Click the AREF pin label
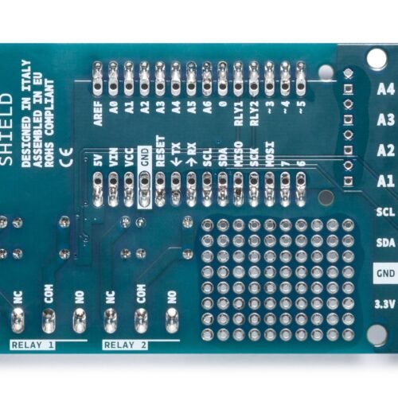point(98,114)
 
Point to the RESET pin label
point(160,151)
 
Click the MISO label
point(238,154)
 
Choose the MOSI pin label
point(270,154)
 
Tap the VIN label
point(114,158)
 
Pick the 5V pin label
point(98,160)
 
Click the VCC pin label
point(129,158)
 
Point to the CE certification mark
point(67,157)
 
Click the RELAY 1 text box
point(33,345)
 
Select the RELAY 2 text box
point(125,345)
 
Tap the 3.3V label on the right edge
point(384,305)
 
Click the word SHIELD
point(6,129)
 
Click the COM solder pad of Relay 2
point(142,321)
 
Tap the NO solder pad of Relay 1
point(80,321)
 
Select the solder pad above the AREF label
point(98,79)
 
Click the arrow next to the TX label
point(176,162)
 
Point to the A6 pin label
point(207,107)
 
